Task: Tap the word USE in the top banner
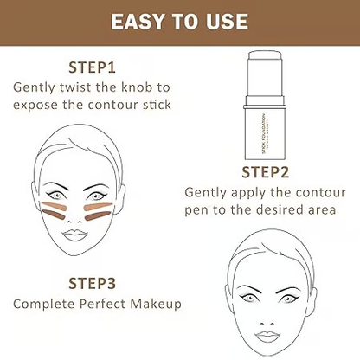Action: [x=231, y=21]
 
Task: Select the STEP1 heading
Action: [x=93, y=67]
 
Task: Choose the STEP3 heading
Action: [x=93, y=283]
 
